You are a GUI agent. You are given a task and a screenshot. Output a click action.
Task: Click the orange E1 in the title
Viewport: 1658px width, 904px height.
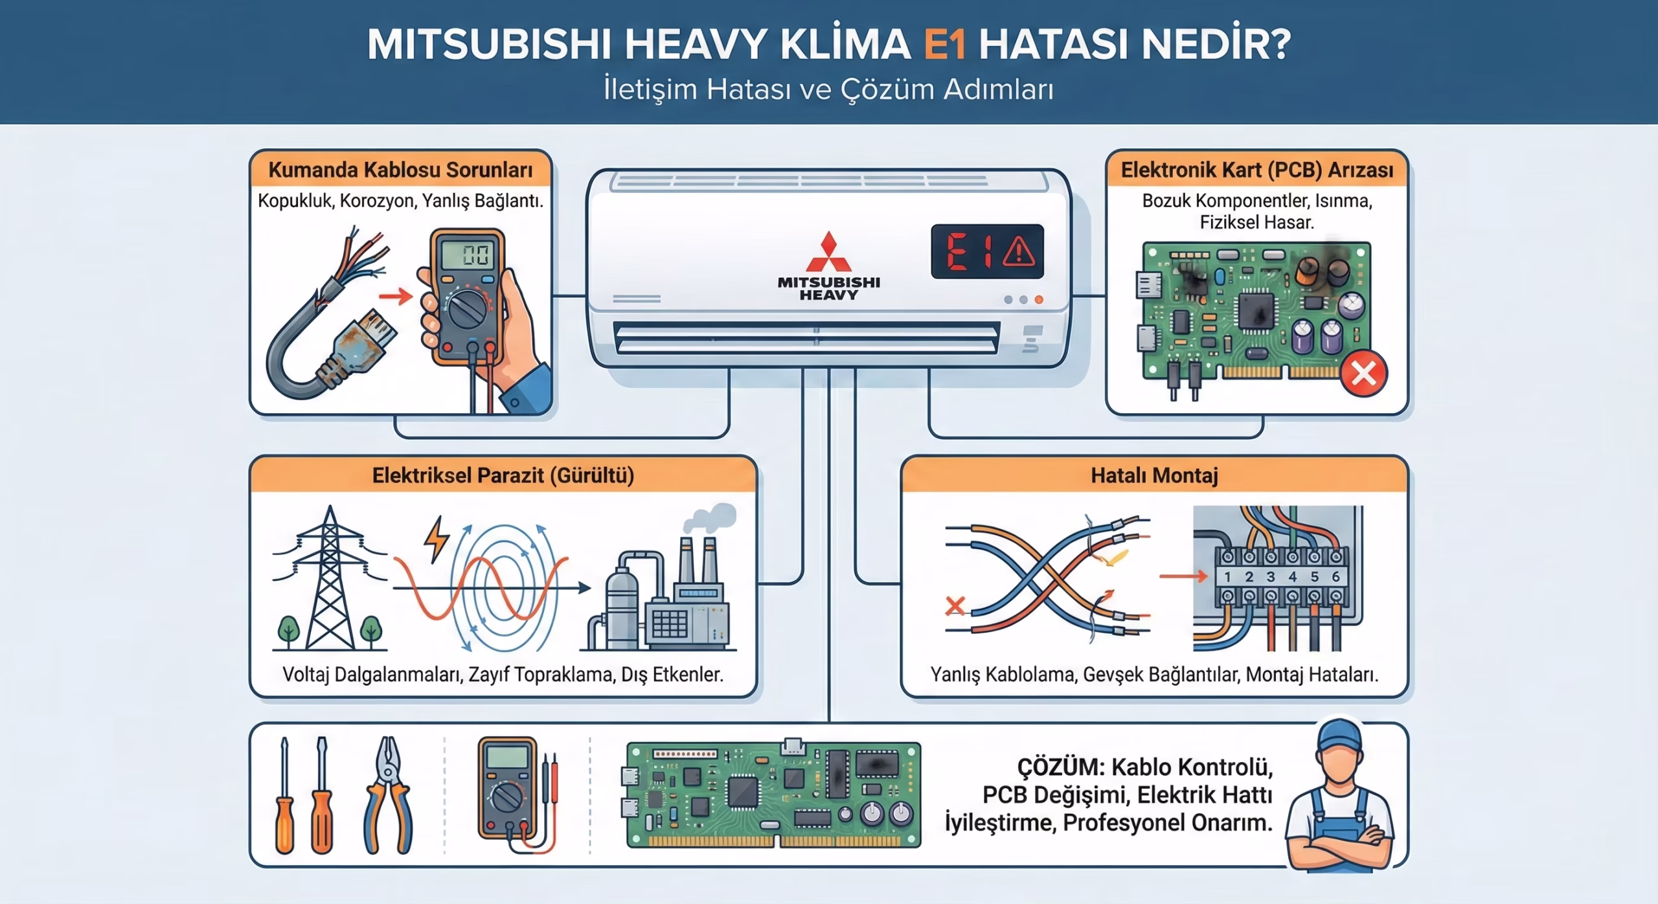click(945, 44)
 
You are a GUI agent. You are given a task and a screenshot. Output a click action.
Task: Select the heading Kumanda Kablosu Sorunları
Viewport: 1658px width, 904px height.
click(400, 170)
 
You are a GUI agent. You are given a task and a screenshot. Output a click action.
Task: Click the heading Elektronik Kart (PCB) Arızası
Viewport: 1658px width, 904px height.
click(1256, 170)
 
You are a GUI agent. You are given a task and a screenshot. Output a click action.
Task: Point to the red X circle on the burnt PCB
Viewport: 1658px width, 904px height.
click(1363, 374)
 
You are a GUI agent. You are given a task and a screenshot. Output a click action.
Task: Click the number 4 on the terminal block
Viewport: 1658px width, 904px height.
click(1292, 576)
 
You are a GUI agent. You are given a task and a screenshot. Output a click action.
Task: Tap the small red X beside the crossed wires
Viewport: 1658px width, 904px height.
click(955, 607)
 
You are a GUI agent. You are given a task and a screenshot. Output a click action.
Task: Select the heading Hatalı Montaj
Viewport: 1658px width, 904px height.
click(1154, 476)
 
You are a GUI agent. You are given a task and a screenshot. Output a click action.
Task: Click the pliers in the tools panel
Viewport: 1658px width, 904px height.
click(388, 795)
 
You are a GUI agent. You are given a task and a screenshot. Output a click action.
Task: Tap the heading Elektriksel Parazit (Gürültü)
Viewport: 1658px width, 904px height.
click(503, 476)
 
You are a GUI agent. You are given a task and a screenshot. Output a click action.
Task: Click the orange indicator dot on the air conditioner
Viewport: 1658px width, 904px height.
click(1039, 300)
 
